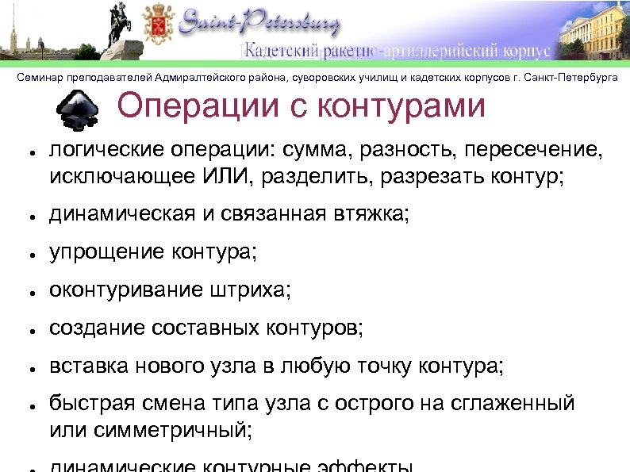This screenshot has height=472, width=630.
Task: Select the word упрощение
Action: click(x=106, y=253)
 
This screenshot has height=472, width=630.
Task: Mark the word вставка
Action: click(x=86, y=366)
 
